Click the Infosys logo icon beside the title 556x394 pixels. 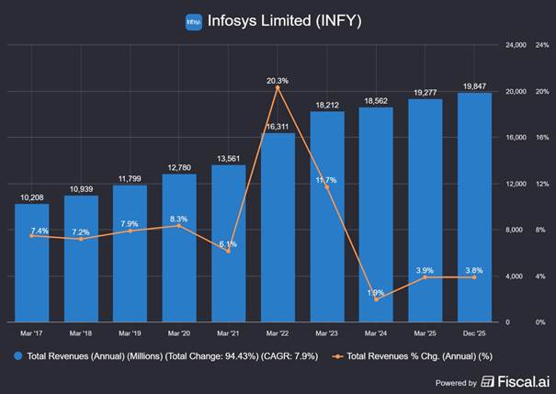(194, 21)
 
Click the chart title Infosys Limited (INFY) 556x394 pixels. (285, 21)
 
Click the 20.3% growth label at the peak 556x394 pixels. (278, 81)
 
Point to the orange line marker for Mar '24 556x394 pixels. (377, 299)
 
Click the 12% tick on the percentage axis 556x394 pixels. (542, 184)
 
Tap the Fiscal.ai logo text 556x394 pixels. (524, 381)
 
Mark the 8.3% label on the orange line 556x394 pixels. (179, 219)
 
